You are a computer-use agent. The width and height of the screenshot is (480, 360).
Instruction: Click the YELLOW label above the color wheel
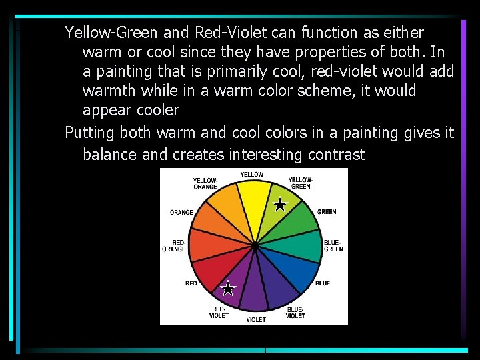(x=251, y=175)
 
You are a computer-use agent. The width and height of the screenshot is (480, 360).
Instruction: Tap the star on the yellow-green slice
(x=280, y=205)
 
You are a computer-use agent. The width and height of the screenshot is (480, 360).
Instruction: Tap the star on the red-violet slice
(x=228, y=289)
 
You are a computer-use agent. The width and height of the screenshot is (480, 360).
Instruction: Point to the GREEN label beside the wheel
(x=327, y=212)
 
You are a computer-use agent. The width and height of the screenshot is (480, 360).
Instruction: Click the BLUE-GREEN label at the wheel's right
(x=333, y=245)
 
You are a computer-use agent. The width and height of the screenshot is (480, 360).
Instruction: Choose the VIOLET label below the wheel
(x=256, y=320)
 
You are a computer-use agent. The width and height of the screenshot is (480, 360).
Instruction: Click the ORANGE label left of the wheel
(x=181, y=213)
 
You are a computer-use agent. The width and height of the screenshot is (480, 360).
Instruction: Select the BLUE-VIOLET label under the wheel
(x=295, y=313)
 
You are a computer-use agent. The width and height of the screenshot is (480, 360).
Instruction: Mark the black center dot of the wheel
(x=255, y=246)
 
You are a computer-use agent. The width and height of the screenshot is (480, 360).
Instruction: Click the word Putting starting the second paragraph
(x=90, y=133)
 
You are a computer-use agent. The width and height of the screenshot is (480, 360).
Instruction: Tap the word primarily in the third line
(x=249, y=71)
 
